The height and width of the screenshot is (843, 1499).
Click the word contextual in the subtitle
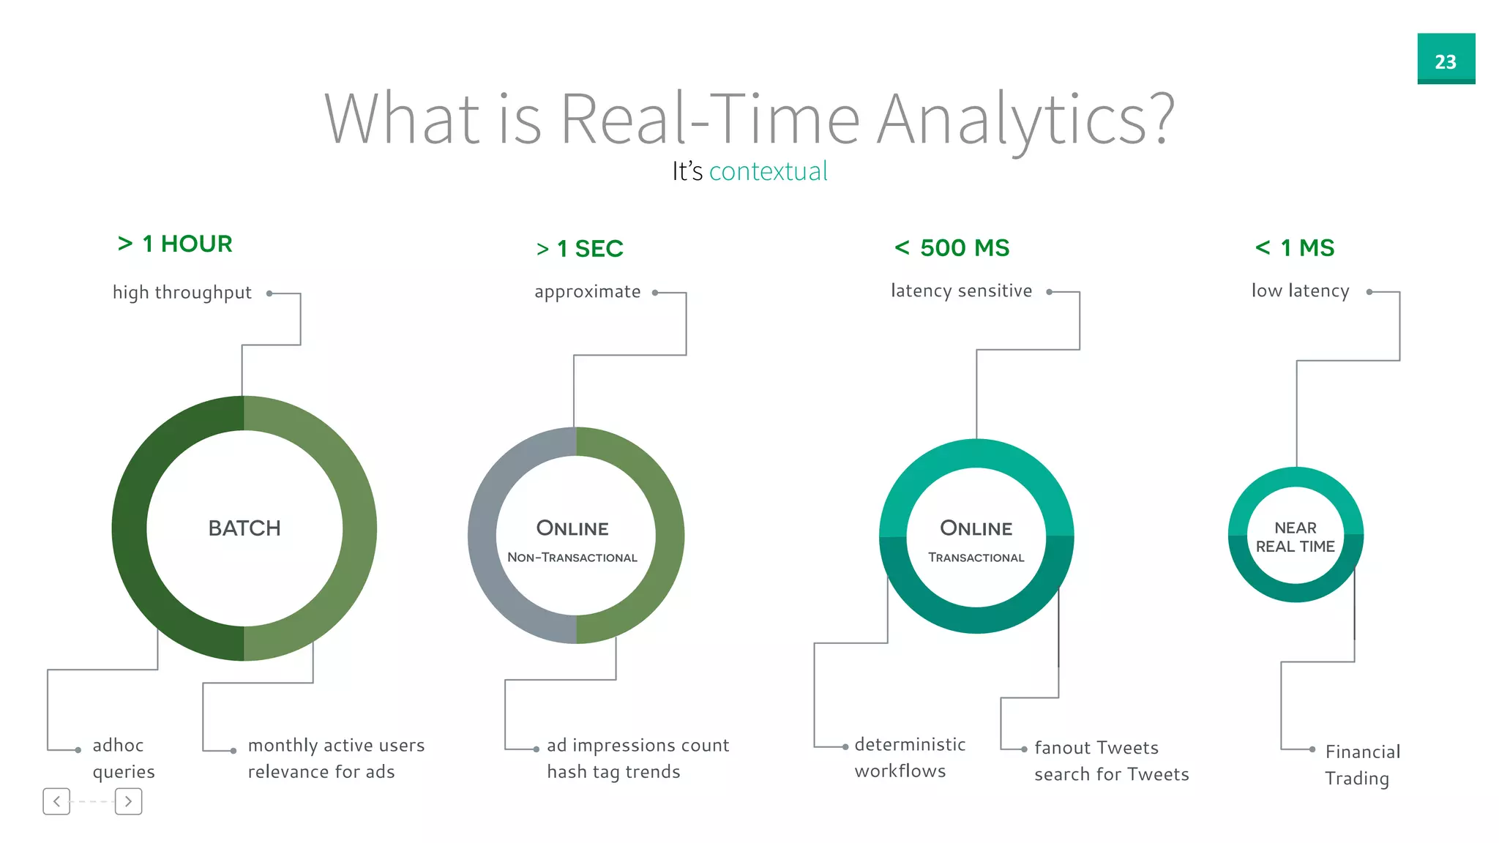768,171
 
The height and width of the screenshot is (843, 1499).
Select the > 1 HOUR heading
175,244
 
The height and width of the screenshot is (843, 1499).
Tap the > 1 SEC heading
580,249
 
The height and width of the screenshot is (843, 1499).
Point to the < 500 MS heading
952,248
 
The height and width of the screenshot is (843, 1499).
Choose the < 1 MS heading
1295,248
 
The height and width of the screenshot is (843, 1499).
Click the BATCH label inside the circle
244,528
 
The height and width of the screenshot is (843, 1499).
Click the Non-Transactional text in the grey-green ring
572,558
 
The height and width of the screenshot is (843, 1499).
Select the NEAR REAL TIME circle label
1296,537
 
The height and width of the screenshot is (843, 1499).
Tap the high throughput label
182,293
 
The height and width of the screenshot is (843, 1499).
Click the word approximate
587,292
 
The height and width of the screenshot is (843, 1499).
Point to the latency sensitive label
961,291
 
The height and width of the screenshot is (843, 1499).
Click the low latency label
1300,291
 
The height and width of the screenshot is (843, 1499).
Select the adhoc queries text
123,758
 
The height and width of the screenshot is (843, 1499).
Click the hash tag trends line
613,772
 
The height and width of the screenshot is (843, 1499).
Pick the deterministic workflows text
909,757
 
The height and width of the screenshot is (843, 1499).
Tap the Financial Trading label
1361,765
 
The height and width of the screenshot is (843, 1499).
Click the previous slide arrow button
56,801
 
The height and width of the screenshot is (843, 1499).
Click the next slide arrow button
128,801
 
